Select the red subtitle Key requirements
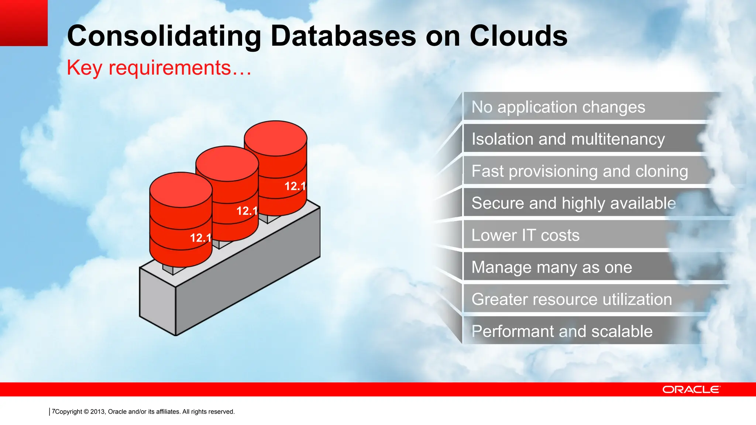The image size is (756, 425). click(159, 68)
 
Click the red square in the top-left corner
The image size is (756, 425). click(24, 23)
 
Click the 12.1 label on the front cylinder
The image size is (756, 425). click(200, 238)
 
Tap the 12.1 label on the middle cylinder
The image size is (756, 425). click(247, 211)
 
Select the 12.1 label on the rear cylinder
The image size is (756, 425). click(295, 186)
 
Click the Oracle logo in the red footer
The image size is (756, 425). click(691, 390)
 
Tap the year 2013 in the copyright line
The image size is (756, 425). click(97, 412)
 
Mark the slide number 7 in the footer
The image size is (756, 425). click(54, 411)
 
